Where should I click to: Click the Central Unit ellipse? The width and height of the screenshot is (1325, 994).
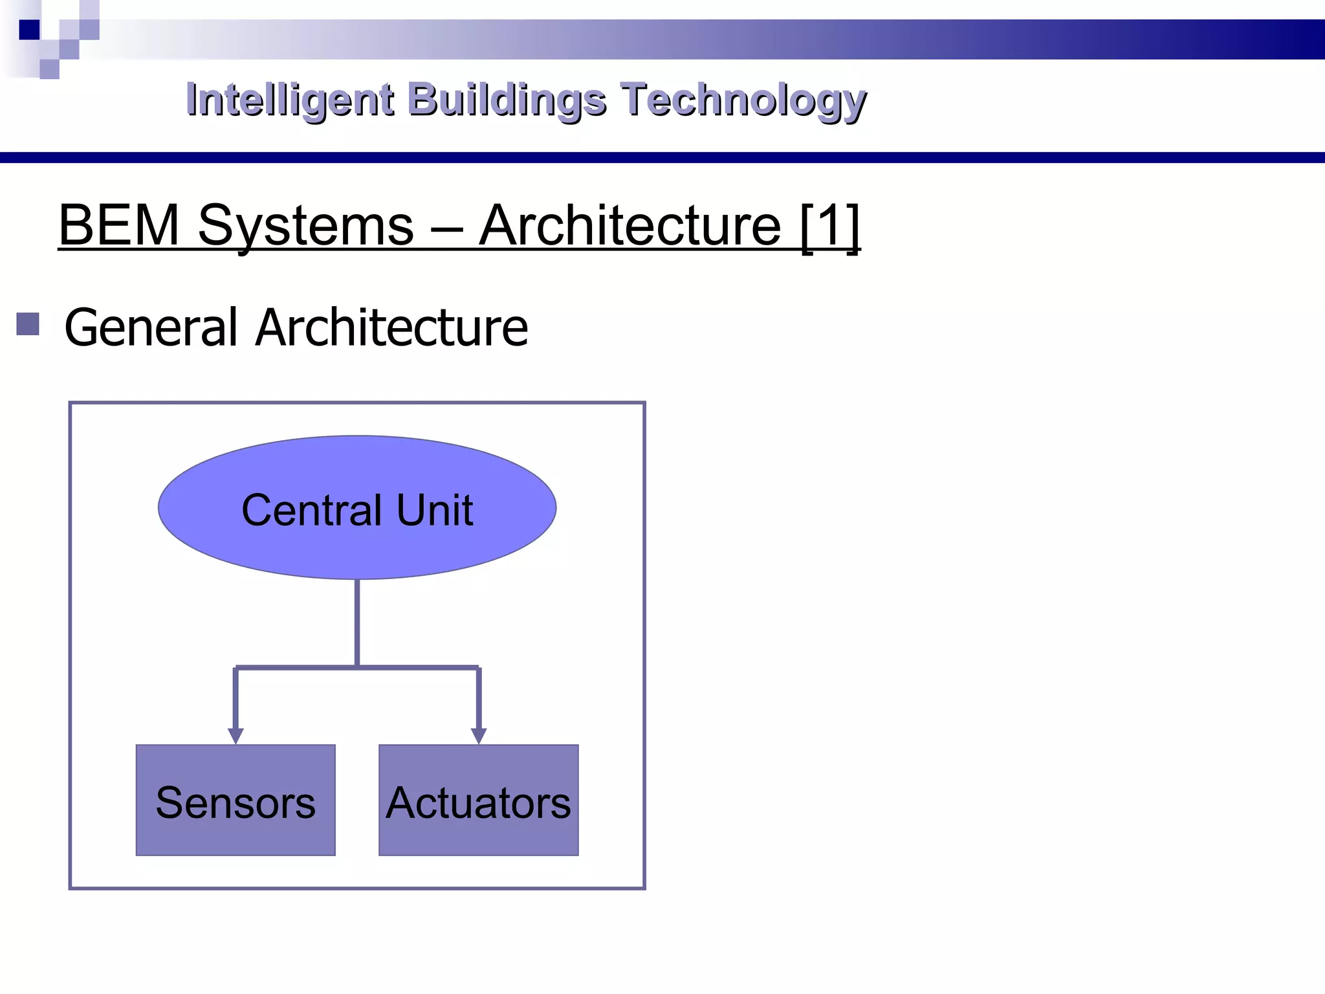(356, 466)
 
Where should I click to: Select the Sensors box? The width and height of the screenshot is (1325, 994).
(235, 801)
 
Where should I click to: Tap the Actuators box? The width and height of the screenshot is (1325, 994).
(478, 801)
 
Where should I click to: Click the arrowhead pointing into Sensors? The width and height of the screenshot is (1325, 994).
(235, 736)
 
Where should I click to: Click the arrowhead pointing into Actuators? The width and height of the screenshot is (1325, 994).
(478, 736)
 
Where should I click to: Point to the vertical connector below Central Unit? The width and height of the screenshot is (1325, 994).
(357, 621)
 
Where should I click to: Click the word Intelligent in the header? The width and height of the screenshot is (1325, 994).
(289, 100)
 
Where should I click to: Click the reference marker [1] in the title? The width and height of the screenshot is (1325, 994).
(829, 226)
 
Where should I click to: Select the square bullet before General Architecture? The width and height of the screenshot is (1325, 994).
(28, 324)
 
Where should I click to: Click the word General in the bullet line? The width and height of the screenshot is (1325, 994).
(151, 327)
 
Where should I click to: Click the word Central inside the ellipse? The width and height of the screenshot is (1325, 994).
(312, 510)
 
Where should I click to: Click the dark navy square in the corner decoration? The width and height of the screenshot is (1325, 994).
(29, 30)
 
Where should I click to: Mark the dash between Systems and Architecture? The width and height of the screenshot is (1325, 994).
(446, 228)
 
